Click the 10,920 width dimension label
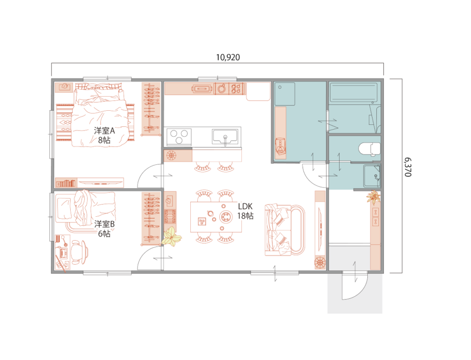tap(228, 57)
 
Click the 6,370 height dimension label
tap(407, 167)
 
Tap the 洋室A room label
tap(104, 131)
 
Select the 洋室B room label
tap(104, 224)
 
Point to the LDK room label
tap(245, 206)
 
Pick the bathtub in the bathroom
tap(354, 93)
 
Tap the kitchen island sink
tap(225, 137)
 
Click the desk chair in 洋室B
tap(79, 252)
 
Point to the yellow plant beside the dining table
tap(171, 237)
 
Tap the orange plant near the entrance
tap(374, 197)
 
